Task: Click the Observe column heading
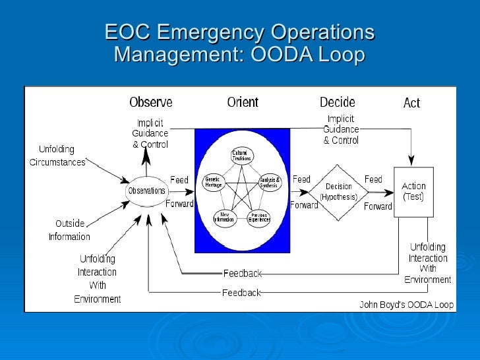click(x=150, y=102)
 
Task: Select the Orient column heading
click(x=243, y=102)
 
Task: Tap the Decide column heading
click(x=337, y=102)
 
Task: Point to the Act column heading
click(x=411, y=103)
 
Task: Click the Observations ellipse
click(x=146, y=191)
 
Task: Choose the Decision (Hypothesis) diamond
click(x=338, y=191)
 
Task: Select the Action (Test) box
click(x=413, y=191)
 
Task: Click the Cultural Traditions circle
click(x=241, y=157)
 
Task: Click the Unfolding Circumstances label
click(x=57, y=156)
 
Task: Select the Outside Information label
click(x=69, y=230)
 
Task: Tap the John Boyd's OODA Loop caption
click(x=406, y=305)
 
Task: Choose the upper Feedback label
click(x=242, y=273)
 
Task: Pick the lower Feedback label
click(x=241, y=292)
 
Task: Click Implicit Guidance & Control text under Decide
click(x=341, y=130)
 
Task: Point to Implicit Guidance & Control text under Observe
click(x=150, y=134)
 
